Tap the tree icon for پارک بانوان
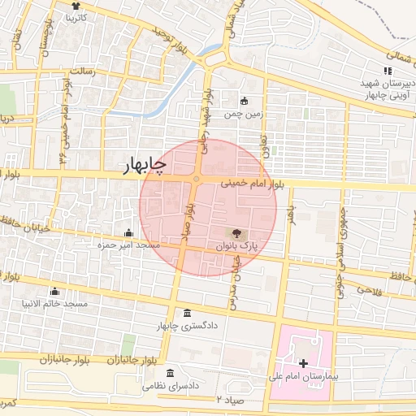[236, 232]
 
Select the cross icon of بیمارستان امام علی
[304, 364]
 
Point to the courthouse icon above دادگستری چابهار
[188, 314]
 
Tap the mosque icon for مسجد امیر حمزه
[128, 232]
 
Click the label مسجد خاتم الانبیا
[55, 304]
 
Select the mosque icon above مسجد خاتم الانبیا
[55, 291]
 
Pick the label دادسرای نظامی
[171, 388]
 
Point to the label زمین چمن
[245, 115]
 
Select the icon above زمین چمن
[245, 102]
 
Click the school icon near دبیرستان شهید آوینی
[388, 71]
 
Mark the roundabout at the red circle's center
[197, 179]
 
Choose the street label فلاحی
[367, 291]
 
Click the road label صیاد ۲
[230, 400]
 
